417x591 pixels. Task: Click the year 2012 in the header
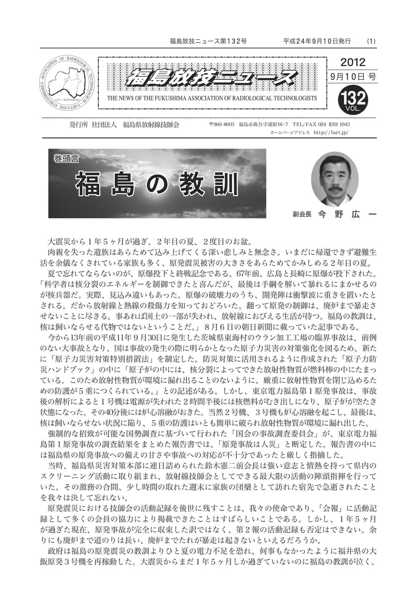click(352, 62)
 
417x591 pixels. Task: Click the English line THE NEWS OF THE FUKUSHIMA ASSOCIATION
click(212, 99)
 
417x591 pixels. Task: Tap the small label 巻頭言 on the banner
click(67, 158)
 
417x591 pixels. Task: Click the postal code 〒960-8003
click(222, 124)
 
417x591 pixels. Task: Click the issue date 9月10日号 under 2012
click(352, 77)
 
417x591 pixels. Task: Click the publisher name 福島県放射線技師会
click(151, 124)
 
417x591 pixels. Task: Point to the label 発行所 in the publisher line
click(77, 124)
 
